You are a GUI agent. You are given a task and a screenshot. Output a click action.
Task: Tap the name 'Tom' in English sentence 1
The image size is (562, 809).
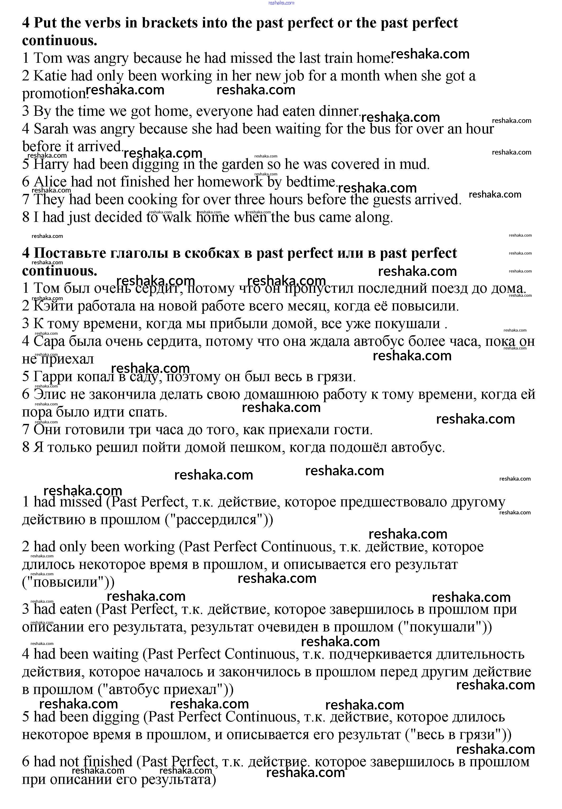tap(47, 58)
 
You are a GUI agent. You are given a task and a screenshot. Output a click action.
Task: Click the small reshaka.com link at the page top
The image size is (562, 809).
tap(281, 3)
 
